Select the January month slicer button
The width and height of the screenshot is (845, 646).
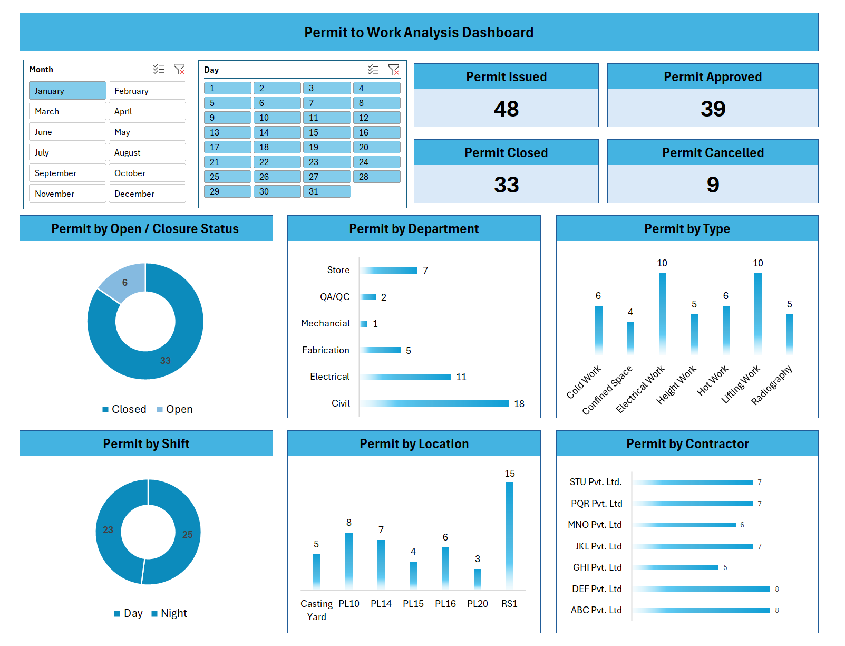pyautogui.click(x=67, y=91)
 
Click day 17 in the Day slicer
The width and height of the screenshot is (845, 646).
pyautogui.click(x=227, y=147)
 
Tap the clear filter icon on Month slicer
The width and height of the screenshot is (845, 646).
pyautogui.click(x=179, y=69)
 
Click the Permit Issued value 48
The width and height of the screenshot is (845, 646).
pyautogui.click(x=506, y=109)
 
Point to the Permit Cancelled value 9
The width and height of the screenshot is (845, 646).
pyautogui.click(x=713, y=185)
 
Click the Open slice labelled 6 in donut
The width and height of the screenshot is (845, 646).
pyautogui.click(x=124, y=283)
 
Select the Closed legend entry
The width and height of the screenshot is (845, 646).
pyautogui.click(x=124, y=409)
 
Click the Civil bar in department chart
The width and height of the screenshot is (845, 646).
pyautogui.click(x=435, y=403)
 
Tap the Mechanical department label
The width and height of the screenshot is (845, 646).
pyautogui.click(x=325, y=323)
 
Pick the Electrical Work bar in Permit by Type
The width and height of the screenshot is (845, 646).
pyautogui.click(x=662, y=313)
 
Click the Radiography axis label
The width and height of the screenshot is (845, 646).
pyautogui.click(x=772, y=385)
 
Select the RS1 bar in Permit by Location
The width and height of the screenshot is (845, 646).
pyautogui.click(x=510, y=535)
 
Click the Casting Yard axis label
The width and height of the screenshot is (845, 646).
pyautogui.click(x=317, y=610)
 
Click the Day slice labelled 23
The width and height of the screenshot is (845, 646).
pyautogui.click(x=108, y=530)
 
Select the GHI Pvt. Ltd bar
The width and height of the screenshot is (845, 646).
pyautogui.click(x=676, y=568)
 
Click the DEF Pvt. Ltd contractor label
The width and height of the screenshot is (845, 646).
pyautogui.click(x=597, y=589)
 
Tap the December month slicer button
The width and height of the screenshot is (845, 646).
pyautogui.click(x=147, y=194)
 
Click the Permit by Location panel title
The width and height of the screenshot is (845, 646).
pyautogui.click(x=414, y=444)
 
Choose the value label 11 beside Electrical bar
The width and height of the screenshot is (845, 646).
pyautogui.click(x=461, y=377)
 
